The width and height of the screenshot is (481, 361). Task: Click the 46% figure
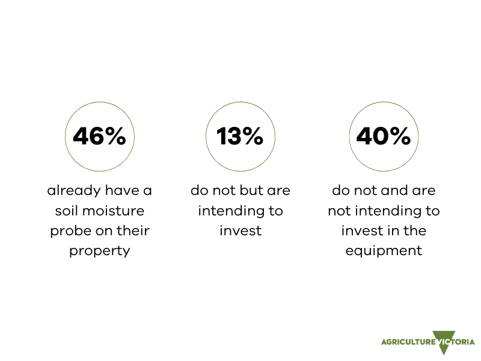99,136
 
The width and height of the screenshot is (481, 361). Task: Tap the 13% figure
240,136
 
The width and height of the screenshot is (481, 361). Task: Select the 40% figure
384,136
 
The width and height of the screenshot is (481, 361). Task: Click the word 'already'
74,191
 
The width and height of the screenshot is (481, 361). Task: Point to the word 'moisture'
113,211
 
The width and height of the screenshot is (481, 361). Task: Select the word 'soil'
66,211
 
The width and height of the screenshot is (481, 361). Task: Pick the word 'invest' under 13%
240,231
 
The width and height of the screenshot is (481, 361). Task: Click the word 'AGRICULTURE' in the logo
408,342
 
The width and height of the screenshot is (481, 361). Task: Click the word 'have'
122,191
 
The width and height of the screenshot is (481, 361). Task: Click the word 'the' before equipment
415,231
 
